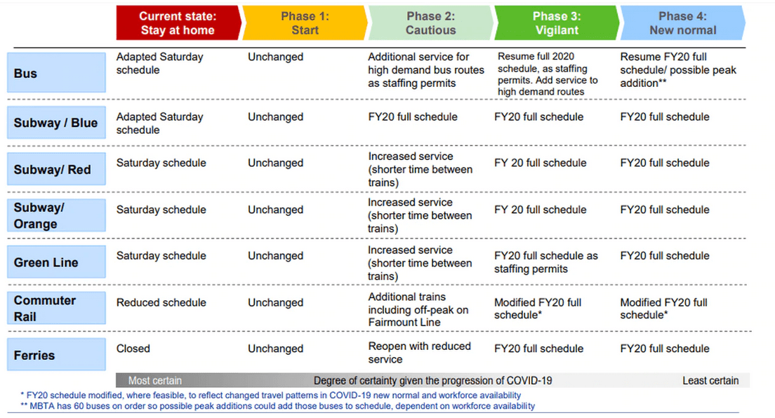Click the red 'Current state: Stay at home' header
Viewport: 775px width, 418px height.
(x=177, y=23)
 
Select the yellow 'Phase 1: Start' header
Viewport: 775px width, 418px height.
(x=305, y=23)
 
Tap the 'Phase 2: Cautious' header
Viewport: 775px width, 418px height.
(x=430, y=23)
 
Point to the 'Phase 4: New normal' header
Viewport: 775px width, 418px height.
(x=682, y=23)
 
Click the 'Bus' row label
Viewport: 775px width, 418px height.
(x=56, y=73)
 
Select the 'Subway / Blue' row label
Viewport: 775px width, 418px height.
(x=56, y=123)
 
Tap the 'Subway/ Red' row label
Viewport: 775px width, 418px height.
(x=56, y=170)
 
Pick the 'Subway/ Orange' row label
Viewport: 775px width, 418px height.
(x=56, y=215)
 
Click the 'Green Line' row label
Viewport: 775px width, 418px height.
(x=56, y=262)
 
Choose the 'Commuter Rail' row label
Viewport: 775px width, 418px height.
(x=56, y=308)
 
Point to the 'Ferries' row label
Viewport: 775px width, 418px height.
(x=56, y=355)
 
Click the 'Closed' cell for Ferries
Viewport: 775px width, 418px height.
(x=133, y=349)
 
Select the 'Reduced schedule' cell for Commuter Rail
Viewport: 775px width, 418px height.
(x=161, y=302)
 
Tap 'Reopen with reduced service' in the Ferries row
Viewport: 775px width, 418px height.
(x=419, y=353)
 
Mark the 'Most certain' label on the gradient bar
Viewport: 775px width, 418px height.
(x=154, y=381)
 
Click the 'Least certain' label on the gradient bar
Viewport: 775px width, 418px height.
(x=710, y=381)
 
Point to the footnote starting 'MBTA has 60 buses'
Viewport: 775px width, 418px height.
(x=281, y=405)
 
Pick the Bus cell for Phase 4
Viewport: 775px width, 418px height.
(x=678, y=70)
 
